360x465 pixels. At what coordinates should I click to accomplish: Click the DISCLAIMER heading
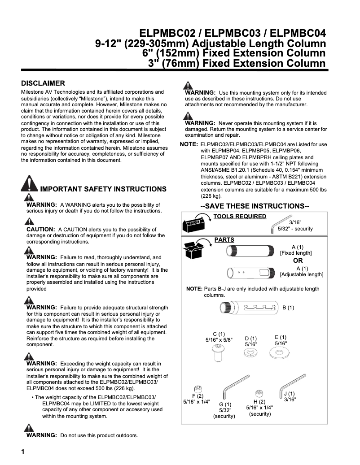click(x=44, y=83)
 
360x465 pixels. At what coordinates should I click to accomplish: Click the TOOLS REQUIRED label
click(x=240, y=217)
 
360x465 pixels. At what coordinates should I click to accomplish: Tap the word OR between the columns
click(x=298, y=261)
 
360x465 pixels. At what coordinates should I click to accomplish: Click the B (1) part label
click(x=288, y=308)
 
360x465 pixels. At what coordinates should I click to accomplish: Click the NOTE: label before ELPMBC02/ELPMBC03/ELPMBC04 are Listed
click(x=189, y=144)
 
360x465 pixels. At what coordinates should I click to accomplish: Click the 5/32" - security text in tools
click(x=295, y=229)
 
